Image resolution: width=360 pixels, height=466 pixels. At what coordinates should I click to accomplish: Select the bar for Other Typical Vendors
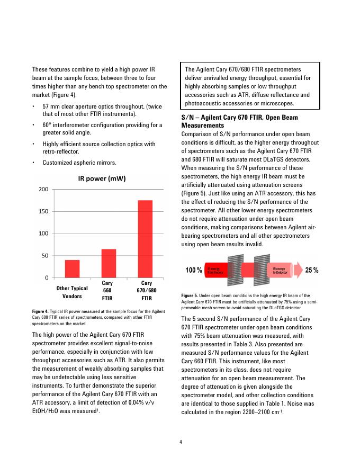pos(72,268)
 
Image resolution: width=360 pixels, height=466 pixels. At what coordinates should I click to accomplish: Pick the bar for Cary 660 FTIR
pos(109,263)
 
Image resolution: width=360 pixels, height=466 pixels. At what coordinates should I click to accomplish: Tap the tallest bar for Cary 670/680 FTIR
pos(145,239)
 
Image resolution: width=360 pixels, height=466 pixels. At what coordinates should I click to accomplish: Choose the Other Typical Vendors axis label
pos(72,292)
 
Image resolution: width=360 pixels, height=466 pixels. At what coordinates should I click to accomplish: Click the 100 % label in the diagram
pos(193,271)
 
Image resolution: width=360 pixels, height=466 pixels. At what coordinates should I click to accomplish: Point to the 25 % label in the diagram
pos(312,271)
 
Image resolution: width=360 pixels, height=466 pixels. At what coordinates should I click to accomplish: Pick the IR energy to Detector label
pos(281,271)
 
